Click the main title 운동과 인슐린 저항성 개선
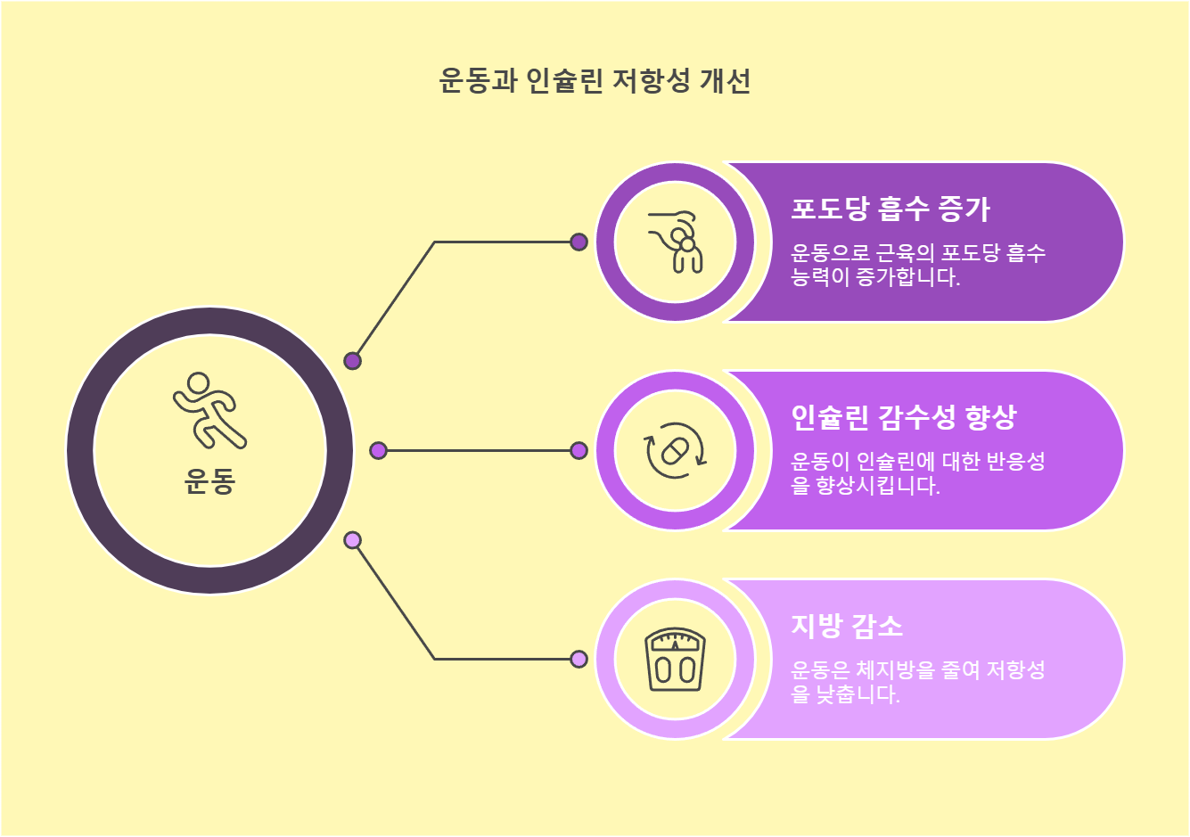[x=595, y=81]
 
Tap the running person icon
[x=209, y=411]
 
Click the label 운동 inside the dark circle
[x=209, y=482]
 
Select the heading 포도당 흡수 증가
[x=890, y=209]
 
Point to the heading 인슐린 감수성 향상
[x=903, y=417]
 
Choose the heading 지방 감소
[x=847, y=626]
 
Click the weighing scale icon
[x=675, y=660]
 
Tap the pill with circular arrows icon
[x=675, y=451]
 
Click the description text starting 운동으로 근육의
[x=917, y=265]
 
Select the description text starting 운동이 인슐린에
[x=917, y=473]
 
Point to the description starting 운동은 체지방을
[x=917, y=682]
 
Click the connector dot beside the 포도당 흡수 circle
[x=579, y=242]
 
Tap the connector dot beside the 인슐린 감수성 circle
[x=579, y=451]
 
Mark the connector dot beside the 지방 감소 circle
[x=579, y=660]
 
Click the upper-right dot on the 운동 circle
[x=352, y=361]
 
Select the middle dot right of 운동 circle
[x=378, y=451]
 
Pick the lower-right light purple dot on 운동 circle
[x=352, y=540]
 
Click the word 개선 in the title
[x=725, y=81]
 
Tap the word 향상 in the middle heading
[x=990, y=417]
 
